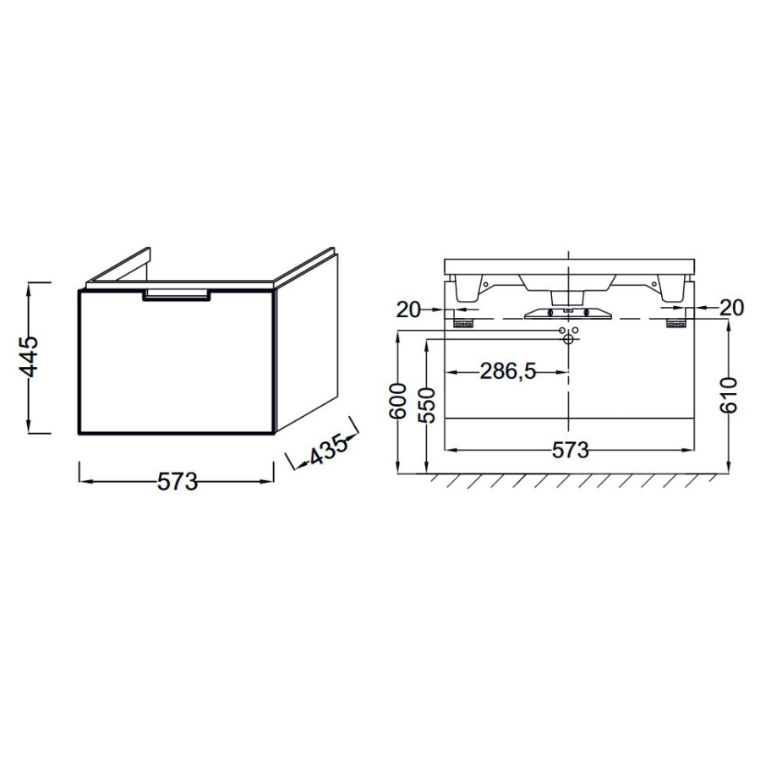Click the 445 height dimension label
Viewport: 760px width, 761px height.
[x=29, y=357]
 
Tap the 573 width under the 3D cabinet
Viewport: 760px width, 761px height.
[x=178, y=481]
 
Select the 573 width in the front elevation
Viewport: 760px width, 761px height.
[x=570, y=451]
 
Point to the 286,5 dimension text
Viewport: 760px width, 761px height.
[x=508, y=371]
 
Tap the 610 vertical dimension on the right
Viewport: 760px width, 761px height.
[x=730, y=395]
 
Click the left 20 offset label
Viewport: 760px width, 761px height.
[x=408, y=309]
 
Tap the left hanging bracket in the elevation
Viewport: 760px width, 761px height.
[x=463, y=322]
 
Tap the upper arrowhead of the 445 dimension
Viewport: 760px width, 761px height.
[x=30, y=287]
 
